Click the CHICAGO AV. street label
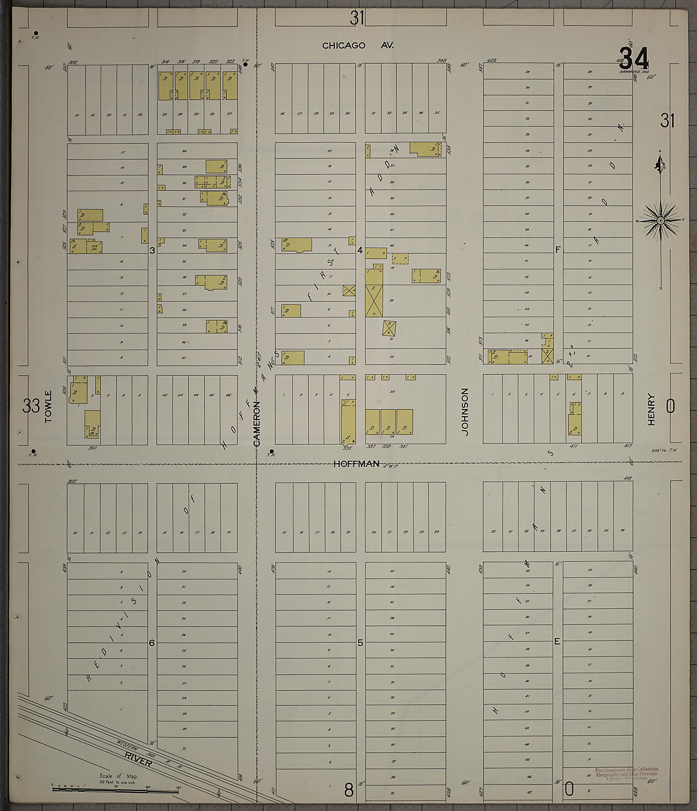coord(358,45)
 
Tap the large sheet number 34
coord(634,59)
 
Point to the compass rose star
coord(661,221)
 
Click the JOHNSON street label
coord(465,412)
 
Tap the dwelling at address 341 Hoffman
coord(404,422)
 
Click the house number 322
coord(230,61)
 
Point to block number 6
coord(152,643)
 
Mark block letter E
coord(557,641)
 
